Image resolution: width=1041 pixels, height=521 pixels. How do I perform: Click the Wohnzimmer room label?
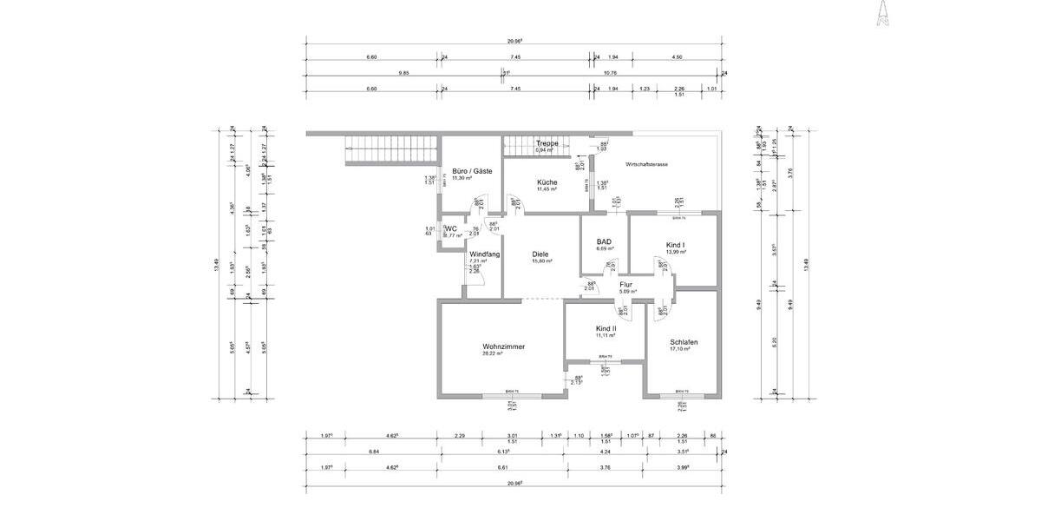coord(504,346)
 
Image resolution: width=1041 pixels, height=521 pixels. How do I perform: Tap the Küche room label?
coord(547,182)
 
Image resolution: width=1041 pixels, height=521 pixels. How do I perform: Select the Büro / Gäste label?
coord(473,171)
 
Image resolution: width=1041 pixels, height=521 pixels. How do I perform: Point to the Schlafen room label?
coord(684,342)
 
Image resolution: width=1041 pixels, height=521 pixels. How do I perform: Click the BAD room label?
coord(605,241)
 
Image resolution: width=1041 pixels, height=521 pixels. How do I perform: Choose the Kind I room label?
coord(676,246)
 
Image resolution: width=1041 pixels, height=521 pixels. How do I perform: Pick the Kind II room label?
coord(606,328)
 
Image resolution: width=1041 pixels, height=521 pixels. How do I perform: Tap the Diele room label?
coord(542,254)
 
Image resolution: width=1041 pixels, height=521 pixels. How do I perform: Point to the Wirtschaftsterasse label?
coord(646,164)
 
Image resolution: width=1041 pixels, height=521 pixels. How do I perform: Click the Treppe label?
coord(547,143)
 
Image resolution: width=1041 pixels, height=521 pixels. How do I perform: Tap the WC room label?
coord(451,228)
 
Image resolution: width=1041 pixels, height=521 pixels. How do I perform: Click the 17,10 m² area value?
coord(684,349)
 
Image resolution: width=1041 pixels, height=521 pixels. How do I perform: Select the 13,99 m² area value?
coord(676,253)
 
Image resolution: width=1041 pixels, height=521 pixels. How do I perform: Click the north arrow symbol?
coord(882,14)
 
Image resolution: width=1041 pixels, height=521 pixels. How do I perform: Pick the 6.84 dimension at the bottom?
coord(374,452)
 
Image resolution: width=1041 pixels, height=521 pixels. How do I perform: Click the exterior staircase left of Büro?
coord(390,151)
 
